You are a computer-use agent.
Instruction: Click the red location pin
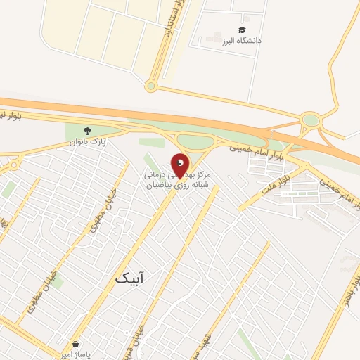point(180,165)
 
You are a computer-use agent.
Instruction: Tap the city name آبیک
point(132,279)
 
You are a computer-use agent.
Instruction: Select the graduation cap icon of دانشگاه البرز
point(242,30)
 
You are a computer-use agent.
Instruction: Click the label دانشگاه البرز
point(242,41)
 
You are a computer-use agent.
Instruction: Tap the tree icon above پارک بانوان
point(87,131)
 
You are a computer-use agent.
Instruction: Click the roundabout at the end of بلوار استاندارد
point(150,86)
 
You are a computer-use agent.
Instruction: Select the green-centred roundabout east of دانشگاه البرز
point(310,120)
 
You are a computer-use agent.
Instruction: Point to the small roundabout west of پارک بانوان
point(13,166)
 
